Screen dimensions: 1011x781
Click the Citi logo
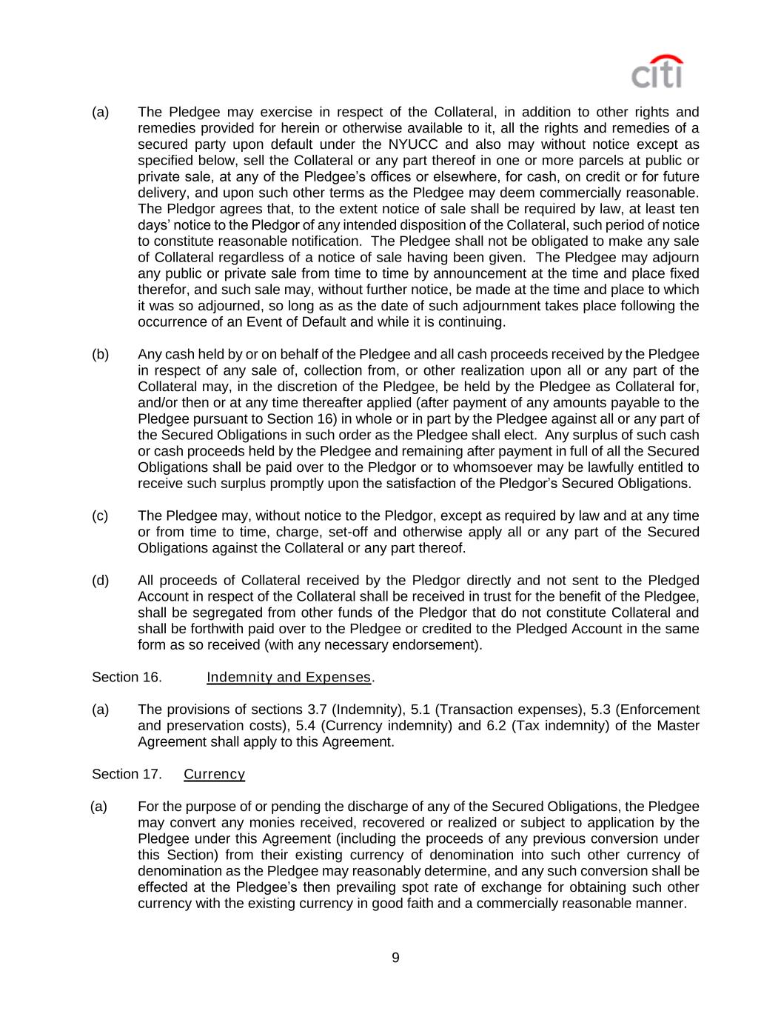tap(657, 73)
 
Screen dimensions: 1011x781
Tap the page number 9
tap(395, 958)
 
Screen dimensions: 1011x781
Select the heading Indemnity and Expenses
tap(288, 677)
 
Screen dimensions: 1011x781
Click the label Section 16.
tap(127, 677)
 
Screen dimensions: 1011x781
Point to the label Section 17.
tap(127, 774)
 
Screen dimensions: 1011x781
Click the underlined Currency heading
tap(214, 774)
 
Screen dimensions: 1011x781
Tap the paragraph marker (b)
tap(100, 354)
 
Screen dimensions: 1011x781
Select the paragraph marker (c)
tap(100, 515)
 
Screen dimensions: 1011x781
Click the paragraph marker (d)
tap(100, 580)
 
